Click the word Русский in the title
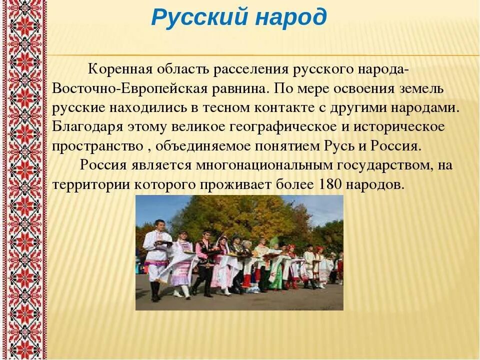[x=199, y=18]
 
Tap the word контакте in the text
[x=281, y=108]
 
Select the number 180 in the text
[x=329, y=184]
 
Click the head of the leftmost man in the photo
[x=159, y=223]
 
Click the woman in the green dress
[x=276, y=272]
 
